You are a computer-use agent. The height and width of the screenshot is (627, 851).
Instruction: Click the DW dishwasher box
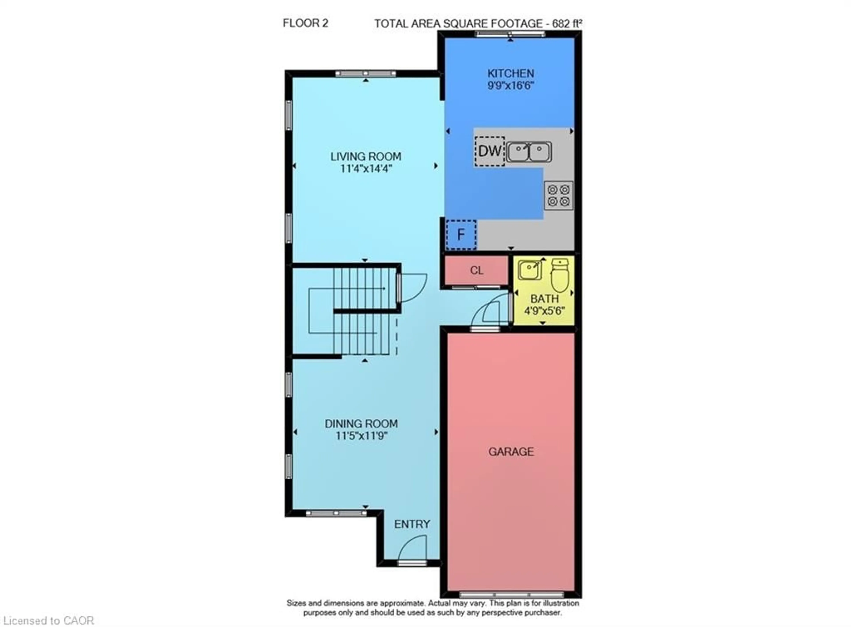point(489,151)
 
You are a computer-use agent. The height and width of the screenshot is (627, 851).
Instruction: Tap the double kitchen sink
point(529,152)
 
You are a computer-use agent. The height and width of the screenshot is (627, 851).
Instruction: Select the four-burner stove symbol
point(558,196)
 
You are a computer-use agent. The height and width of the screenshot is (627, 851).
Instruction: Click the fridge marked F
point(461,235)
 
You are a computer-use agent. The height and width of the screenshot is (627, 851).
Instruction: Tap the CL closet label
point(476,270)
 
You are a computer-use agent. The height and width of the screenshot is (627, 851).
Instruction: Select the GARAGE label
point(511,452)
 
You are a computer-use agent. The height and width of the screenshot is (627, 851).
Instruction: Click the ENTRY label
point(412,524)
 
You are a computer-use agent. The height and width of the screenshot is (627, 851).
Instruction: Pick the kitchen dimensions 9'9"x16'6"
point(511,85)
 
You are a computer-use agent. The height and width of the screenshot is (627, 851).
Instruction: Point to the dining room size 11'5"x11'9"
point(361,436)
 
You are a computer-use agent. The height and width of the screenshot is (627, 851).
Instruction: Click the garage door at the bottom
point(511,594)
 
